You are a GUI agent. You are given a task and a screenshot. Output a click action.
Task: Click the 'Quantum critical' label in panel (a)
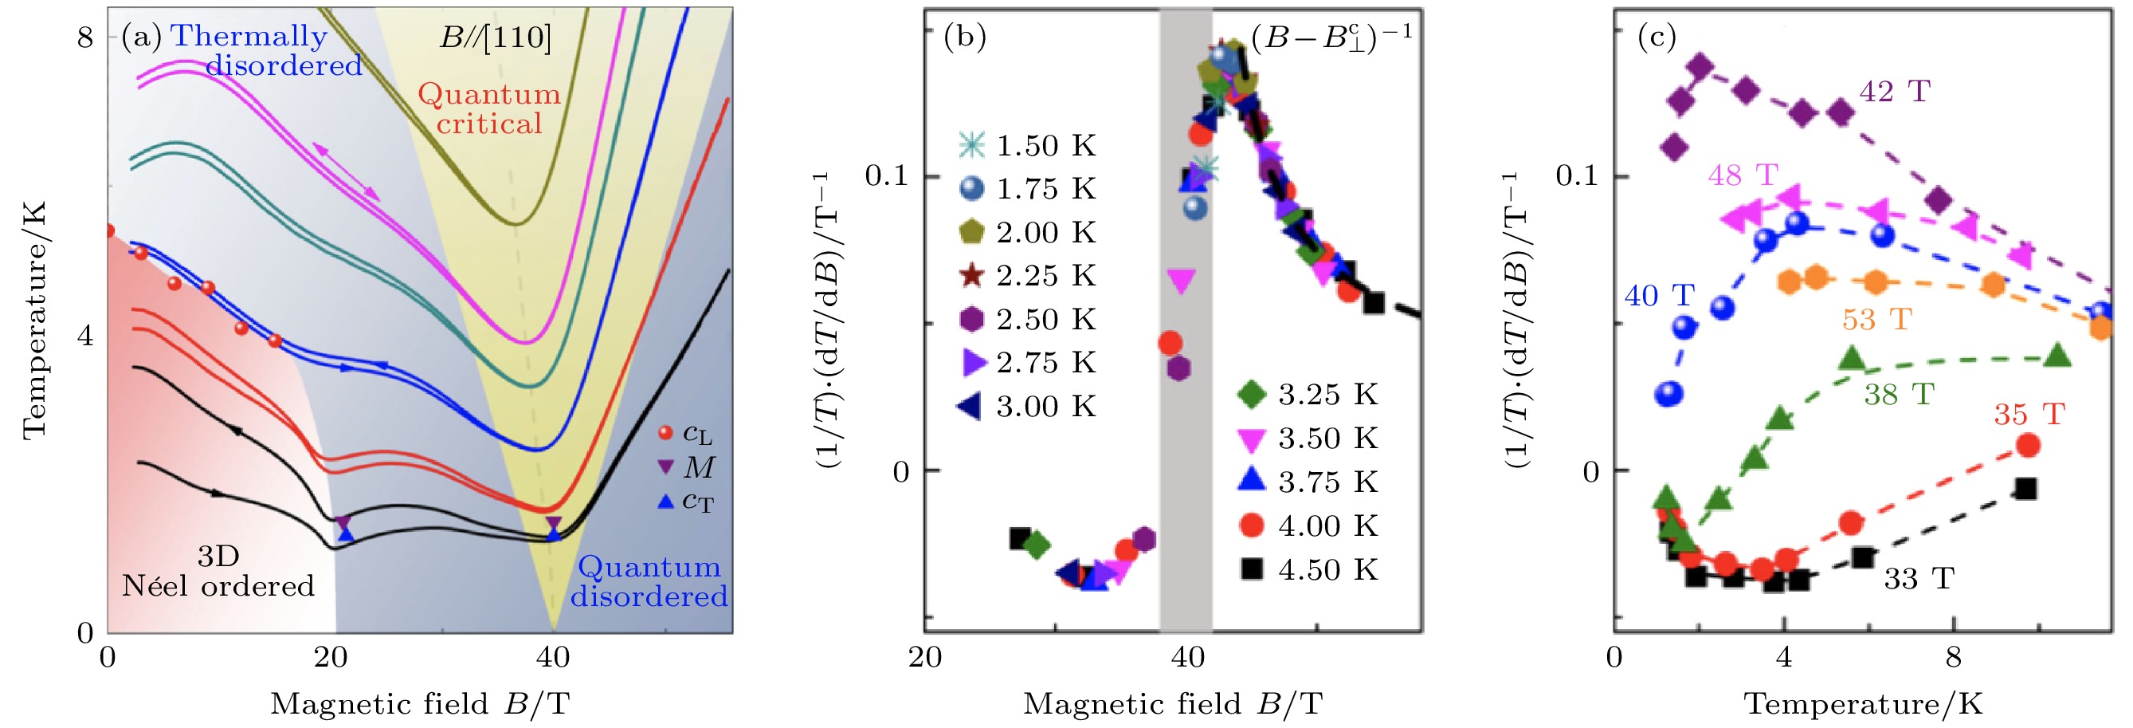point(488,108)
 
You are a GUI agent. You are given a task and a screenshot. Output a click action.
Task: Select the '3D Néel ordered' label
point(218,572)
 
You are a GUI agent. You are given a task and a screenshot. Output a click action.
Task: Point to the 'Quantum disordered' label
point(649,581)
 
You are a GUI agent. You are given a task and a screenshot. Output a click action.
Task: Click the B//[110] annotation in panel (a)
point(494,37)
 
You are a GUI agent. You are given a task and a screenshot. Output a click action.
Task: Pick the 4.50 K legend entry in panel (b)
point(1310,570)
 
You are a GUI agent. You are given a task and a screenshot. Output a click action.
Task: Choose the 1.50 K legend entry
point(1028,146)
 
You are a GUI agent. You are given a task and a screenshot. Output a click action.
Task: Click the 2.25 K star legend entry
point(1028,276)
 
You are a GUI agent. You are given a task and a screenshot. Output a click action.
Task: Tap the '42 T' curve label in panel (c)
point(1895,91)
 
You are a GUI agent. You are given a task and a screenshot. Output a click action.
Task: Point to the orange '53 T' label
point(1876,320)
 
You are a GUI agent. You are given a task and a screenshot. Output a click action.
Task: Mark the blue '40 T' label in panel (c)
point(1660,296)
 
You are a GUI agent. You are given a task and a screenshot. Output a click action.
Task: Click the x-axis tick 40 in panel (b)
point(1187,658)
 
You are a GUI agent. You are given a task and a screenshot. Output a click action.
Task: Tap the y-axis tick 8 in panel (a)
point(85,37)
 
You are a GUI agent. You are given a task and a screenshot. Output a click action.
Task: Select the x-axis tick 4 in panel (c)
point(1783,658)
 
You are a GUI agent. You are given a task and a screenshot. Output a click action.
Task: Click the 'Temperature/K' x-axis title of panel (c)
point(1863,704)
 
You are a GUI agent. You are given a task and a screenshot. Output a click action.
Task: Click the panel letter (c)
point(1656,37)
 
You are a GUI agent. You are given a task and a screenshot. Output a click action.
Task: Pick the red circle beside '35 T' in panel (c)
point(2028,446)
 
